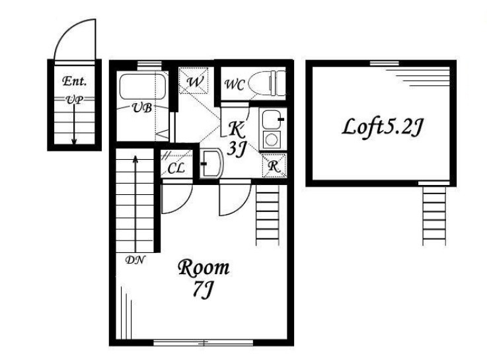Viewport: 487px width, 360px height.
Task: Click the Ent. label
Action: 74,81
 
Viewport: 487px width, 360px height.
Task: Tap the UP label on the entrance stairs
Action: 75,100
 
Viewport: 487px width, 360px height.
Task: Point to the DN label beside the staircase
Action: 135,260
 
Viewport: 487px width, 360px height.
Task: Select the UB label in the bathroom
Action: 142,108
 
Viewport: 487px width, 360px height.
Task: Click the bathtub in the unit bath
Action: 143,87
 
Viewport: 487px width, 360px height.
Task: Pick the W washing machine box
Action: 194,81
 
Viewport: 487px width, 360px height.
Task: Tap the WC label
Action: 235,85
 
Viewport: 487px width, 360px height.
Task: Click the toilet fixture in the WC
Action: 268,83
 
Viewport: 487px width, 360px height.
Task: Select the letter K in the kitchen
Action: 237,129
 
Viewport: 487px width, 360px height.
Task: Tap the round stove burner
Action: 272,140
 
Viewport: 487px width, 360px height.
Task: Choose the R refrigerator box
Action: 274,166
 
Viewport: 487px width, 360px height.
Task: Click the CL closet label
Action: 176,168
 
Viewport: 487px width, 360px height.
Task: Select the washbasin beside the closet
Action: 211,164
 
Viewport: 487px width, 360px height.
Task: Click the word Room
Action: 204,268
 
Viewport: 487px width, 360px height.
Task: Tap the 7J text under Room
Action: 204,289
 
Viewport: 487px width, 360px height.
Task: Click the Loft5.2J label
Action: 383,127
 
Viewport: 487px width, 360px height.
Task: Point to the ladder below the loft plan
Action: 434,216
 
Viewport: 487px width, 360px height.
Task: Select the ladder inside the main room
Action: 268,215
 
